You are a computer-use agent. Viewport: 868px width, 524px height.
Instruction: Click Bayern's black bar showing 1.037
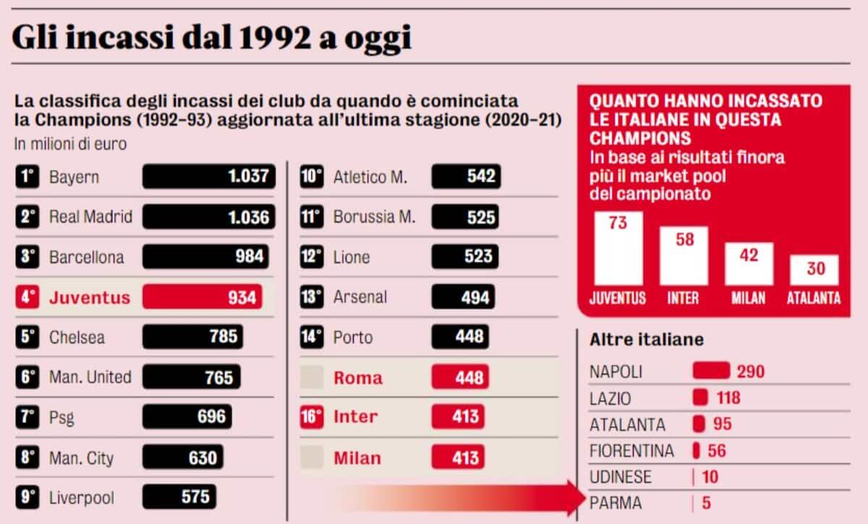coord(209,177)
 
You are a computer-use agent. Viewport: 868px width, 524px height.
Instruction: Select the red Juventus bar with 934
coord(203,297)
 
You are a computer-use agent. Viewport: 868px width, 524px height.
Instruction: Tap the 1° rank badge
coord(27,177)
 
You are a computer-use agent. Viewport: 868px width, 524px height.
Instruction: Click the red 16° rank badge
coord(312,417)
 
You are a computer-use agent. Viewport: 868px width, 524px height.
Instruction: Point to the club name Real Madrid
coord(90,216)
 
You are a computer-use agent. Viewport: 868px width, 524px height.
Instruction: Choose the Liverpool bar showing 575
coord(180,497)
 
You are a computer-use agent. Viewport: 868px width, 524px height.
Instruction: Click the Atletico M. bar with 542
coord(466,177)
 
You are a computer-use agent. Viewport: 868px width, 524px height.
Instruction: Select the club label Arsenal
coord(360,297)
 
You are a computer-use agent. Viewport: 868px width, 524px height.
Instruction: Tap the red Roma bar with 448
coord(460,377)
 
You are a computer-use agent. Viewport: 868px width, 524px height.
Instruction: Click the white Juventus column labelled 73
coord(618,248)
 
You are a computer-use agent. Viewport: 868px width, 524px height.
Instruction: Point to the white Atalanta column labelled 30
coord(814,270)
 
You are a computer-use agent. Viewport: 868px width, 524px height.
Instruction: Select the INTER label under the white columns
coord(684,297)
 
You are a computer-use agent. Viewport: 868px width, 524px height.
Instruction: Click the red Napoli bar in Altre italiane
coord(711,371)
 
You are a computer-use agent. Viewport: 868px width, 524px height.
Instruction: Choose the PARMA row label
coord(616,502)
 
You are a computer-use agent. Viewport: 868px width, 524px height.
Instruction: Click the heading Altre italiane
coord(647,339)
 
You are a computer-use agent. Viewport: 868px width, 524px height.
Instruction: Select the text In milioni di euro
coord(70,144)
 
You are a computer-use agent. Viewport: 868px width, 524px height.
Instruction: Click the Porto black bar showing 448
coord(459,337)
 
